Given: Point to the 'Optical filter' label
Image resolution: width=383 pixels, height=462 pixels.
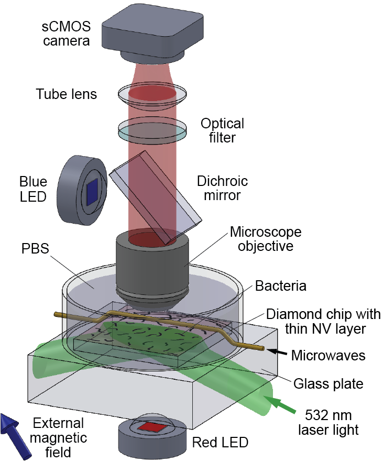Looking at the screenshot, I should [x=222, y=130].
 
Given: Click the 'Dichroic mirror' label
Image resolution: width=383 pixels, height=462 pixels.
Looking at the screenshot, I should [x=222, y=189].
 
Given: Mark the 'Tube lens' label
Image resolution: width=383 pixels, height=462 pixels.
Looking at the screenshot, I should [x=66, y=94].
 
